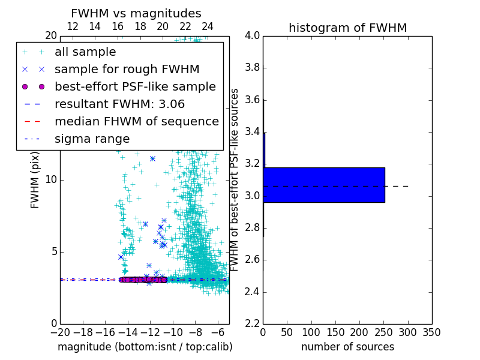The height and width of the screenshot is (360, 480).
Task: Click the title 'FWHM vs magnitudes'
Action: [x=136, y=13]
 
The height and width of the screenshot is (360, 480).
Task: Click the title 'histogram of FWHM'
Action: [x=347, y=28]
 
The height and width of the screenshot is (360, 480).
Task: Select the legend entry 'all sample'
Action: [x=85, y=52]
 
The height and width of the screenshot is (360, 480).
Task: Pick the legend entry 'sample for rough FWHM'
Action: [x=127, y=69]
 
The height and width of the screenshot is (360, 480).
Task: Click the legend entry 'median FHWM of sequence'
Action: [x=136, y=121]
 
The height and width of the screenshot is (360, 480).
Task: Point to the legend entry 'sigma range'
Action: [x=92, y=139]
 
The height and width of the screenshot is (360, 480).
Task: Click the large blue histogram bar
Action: [x=324, y=185]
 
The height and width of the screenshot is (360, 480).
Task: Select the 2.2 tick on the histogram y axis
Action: [x=252, y=324]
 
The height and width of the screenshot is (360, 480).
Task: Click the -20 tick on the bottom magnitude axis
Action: [x=60, y=332]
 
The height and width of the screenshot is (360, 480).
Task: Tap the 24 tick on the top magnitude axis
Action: [x=208, y=26]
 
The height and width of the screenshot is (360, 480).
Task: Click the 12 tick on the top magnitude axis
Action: [x=73, y=26]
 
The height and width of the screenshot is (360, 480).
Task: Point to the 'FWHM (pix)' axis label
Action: [x=35, y=179]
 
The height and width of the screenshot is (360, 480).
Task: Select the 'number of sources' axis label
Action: [x=347, y=347]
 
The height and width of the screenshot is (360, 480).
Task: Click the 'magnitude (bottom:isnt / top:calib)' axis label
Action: [x=145, y=347]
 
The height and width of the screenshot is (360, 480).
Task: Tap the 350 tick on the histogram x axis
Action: [x=431, y=332]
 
